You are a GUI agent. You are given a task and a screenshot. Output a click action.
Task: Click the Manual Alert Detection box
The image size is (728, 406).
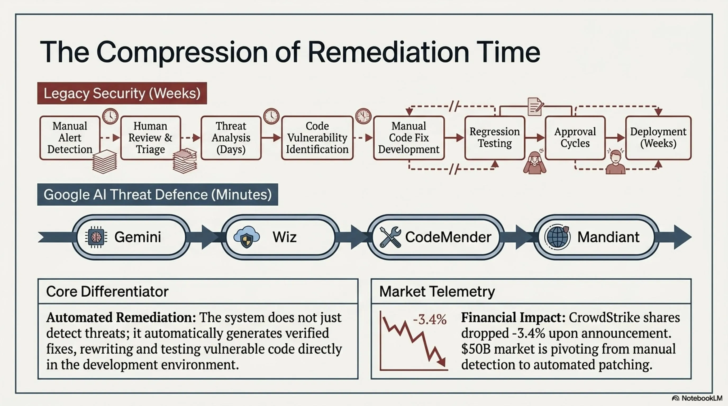pyautogui.click(x=70, y=138)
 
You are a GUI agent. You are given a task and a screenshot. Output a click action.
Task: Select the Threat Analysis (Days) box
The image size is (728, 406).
pyautogui.click(x=231, y=138)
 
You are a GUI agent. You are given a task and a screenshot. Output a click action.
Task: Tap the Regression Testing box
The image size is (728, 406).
pyautogui.click(x=495, y=138)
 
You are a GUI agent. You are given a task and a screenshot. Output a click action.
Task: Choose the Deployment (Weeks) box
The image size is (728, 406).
pyautogui.click(x=658, y=138)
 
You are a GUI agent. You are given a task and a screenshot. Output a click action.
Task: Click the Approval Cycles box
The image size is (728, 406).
pyautogui.click(x=575, y=138)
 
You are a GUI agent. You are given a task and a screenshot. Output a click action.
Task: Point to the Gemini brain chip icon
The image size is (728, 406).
pyautogui.click(x=96, y=237)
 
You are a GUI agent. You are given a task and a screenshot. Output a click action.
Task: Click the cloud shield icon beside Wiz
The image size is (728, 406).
pyautogui.click(x=247, y=237)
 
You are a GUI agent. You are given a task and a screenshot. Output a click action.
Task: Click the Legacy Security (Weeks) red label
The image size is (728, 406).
pyautogui.click(x=122, y=93)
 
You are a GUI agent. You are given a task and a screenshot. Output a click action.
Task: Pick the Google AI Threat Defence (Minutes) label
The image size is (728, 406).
pyautogui.click(x=158, y=195)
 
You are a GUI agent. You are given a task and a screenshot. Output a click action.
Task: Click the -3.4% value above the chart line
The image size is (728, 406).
pyautogui.click(x=430, y=320)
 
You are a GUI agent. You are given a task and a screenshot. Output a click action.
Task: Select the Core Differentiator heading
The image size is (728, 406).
pyautogui.click(x=107, y=291)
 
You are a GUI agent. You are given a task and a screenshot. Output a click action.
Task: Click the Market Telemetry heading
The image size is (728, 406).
pyautogui.click(x=437, y=291)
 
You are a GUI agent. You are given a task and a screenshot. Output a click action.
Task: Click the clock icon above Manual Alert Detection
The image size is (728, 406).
pyautogui.click(x=110, y=116)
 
